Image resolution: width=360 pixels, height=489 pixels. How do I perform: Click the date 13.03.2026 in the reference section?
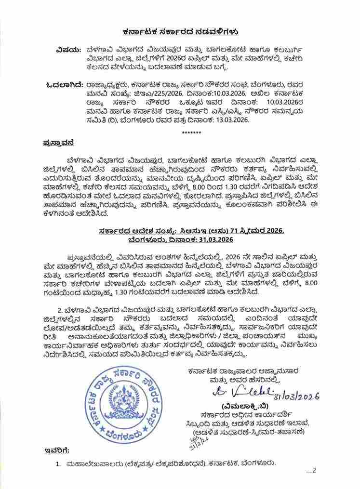(x=231, y=120)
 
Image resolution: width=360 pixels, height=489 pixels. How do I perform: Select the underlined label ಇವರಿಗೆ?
(x=57, y=450)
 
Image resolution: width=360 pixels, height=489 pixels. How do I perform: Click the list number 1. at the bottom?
(x=57, y=463)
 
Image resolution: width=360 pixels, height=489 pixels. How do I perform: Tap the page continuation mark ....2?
(x=311, y=471)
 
